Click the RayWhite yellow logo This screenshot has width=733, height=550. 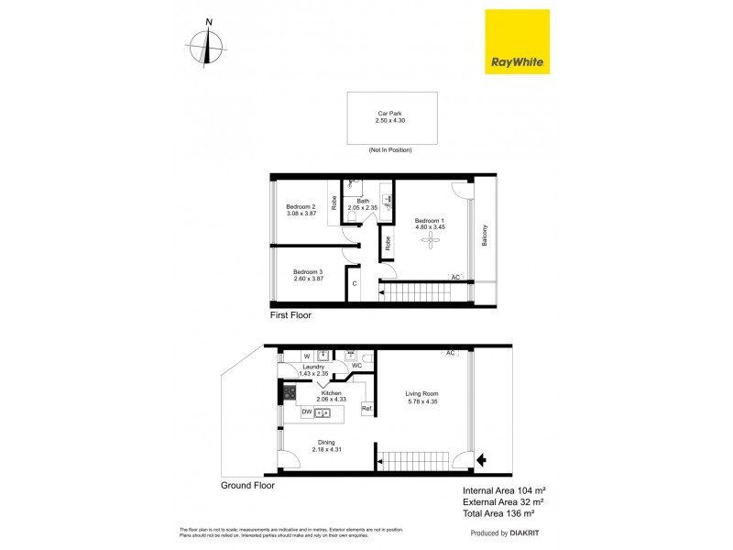click(517, 41)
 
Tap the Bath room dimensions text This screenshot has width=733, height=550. click(363, 208)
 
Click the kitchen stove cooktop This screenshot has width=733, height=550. click(289, 393)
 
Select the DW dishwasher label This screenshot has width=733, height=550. click(307, 412)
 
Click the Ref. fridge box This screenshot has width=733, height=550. click(366, 409)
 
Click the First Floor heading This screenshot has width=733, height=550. click(290, 315)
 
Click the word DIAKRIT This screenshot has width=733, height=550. click(527, 533)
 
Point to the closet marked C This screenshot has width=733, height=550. click(354, 284)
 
